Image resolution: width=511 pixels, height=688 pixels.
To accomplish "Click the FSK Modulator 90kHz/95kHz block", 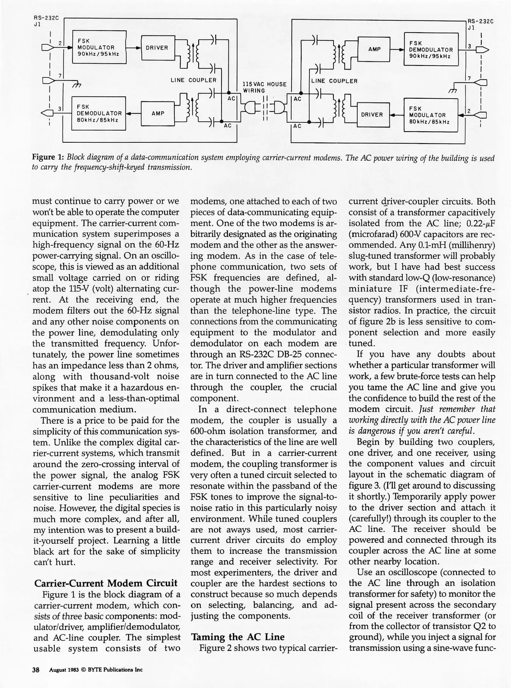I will (x=99, y=47).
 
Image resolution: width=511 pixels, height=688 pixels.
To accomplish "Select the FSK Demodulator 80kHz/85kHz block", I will (x=99, y=114).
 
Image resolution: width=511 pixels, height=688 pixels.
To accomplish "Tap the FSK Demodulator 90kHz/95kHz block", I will (x=431, y=49).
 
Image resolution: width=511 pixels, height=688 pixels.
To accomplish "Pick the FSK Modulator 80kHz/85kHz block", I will (x=430, y=115).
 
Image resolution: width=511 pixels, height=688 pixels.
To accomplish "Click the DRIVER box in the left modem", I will (x=157, y=48).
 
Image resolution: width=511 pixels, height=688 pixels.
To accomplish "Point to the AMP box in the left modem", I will (x=158, y=113).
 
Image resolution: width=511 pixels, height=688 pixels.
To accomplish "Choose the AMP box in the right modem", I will (x=374, y=49).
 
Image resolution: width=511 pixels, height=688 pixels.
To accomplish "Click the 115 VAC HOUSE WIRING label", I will (x=264, y=87).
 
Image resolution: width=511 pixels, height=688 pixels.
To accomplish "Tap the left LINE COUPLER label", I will (x=193, y=80).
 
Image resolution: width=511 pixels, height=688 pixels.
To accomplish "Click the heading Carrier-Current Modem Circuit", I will (x=106, y=583).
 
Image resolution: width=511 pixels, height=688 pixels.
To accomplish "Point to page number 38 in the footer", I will (x=36, y=670).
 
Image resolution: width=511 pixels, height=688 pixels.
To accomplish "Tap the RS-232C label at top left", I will (x=46, y=18).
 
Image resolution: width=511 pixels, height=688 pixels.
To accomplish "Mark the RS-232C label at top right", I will (x=480, y=21).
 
